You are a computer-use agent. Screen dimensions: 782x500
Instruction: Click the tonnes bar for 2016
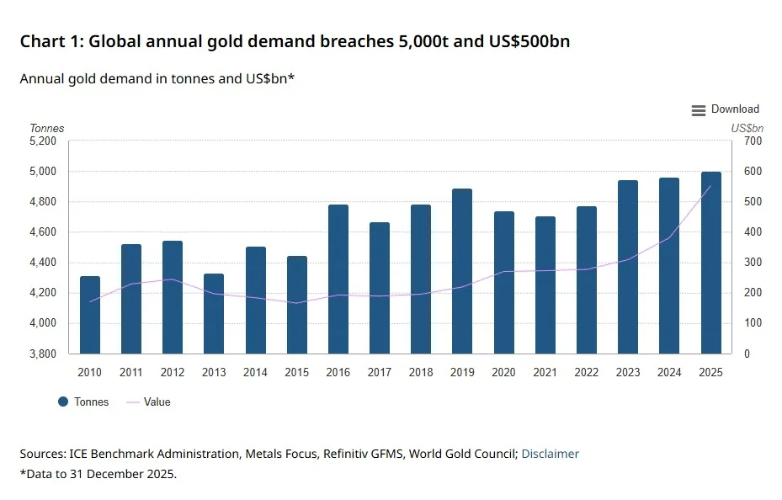pos(338,279)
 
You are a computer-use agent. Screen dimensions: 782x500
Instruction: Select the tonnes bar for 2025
pos(710,263)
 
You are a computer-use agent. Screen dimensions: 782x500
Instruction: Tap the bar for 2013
pos(214,314)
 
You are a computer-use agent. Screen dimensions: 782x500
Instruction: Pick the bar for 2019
pos(462,271)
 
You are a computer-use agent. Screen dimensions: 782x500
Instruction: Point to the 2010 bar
pos(90,315)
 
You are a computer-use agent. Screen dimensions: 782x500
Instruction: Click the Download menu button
pos(725,109)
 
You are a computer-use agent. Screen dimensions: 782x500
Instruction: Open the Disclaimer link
pos(550,454)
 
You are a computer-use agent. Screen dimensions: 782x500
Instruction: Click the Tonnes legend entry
pos(83,402)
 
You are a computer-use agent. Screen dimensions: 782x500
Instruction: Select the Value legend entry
pos(149,402)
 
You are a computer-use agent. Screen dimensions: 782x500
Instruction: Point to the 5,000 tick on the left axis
pos(43,172)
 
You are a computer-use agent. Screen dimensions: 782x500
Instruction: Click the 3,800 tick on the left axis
pos(43,354)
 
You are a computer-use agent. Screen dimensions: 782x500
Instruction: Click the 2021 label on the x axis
pos(545,372)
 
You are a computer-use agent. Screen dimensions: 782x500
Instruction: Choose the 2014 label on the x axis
pos(255,372)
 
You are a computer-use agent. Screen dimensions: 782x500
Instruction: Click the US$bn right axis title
pos(747,128)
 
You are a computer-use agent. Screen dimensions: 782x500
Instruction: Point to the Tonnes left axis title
pos(47,128)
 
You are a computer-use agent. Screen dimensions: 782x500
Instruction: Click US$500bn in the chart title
pos(529,41)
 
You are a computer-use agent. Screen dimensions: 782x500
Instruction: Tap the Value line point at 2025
pos(710,186)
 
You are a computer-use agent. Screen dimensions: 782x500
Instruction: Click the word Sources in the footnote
pos(43,454)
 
